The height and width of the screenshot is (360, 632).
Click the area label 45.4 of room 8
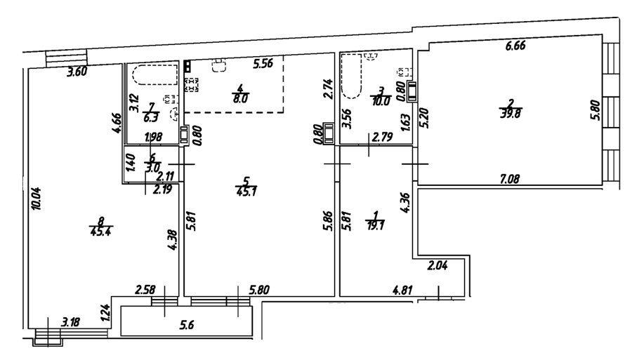coord(98,232)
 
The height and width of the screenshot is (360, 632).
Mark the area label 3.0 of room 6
coord(152,168)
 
